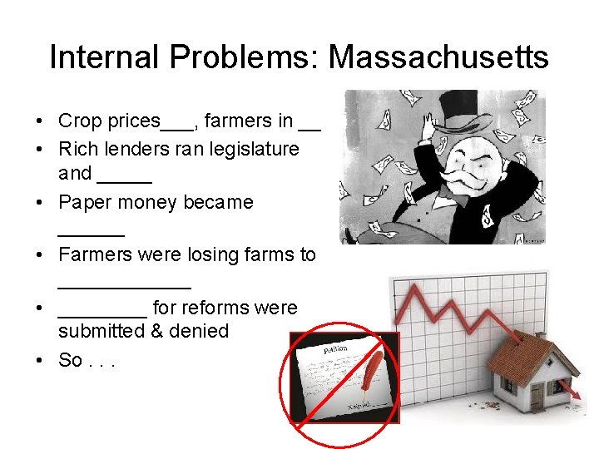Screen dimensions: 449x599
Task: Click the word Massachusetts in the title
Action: [438, 57]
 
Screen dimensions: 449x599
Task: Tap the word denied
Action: [200, 331]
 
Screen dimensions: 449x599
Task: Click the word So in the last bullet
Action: [69, 361]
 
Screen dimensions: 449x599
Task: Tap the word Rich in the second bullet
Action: [76, 149]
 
